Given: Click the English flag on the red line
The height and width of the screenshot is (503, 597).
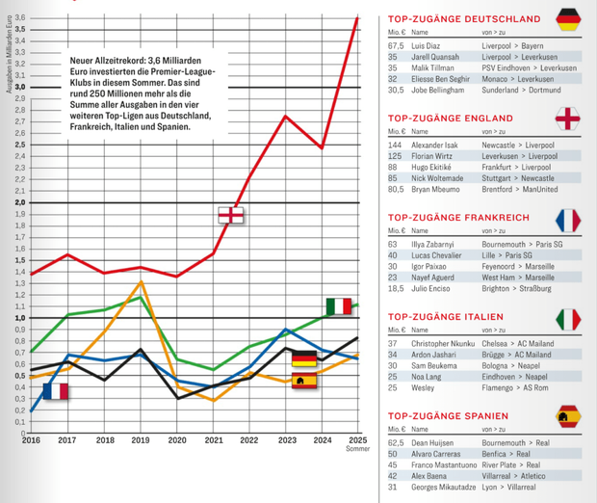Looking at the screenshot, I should coord(231,215).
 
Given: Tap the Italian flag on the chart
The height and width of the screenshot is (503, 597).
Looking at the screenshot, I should coord(338,306).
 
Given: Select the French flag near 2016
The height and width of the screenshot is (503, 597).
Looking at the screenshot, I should coord(56,391).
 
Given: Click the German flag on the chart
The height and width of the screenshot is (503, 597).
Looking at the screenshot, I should coord(304,360).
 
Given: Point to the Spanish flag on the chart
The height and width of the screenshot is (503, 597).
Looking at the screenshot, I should coord(304,381).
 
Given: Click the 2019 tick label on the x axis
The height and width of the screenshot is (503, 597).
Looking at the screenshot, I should coord(142,440).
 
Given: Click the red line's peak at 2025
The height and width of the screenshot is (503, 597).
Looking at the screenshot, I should coord(357,17).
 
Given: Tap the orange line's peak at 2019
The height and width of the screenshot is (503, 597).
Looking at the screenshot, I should coord(142,281).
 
